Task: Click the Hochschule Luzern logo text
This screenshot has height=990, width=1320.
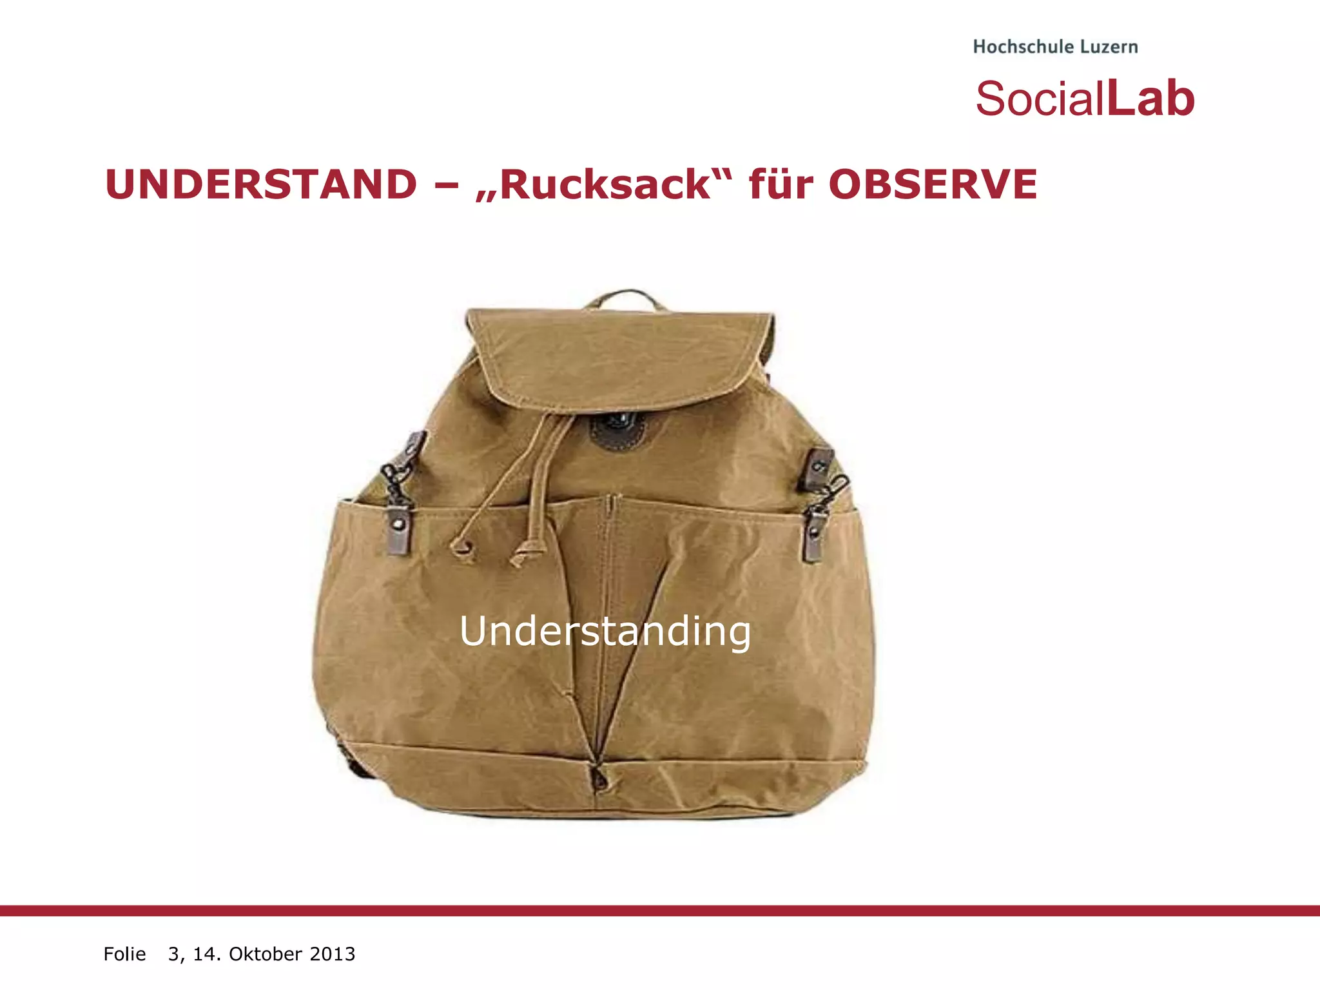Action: (x=1055, y=47)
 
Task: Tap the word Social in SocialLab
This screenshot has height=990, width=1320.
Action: (x=1039, y=99)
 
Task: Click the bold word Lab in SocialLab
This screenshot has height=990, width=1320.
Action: (x=1150, y=99)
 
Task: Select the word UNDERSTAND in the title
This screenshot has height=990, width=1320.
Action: (x=261, y=185)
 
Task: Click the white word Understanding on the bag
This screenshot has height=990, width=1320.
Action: (x=605, y=631)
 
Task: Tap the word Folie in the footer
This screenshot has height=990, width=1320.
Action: (x=124, y=954)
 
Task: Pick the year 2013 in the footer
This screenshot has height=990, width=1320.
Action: (x=333, y=954)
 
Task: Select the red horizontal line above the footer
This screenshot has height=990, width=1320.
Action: (x=660, y=910)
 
